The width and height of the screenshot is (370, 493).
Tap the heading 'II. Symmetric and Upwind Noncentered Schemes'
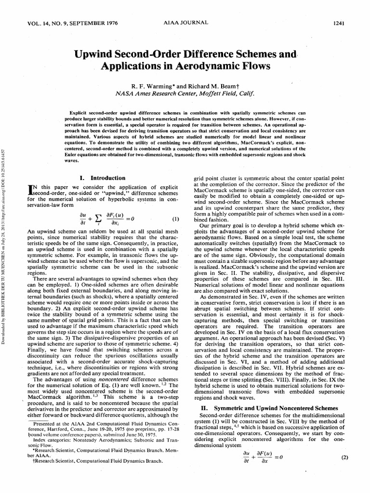pyautogui.click(x=268, y=408)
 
